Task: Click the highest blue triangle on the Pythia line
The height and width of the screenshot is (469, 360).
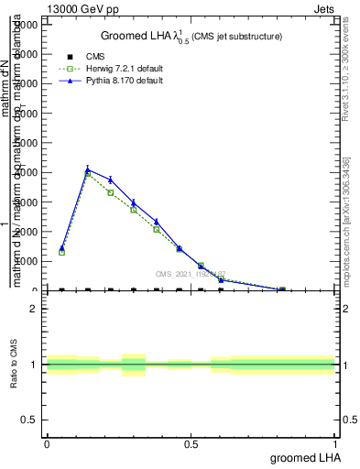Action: pos(88,169)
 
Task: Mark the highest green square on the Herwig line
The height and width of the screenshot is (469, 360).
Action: pos(88,173)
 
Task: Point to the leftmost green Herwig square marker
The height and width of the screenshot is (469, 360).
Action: pos(61,252)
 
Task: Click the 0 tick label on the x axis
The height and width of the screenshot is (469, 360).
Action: pos(47,444)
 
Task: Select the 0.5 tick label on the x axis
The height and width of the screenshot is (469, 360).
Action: pos(191,444)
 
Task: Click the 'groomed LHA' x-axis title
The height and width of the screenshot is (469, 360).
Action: pos(303,457)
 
